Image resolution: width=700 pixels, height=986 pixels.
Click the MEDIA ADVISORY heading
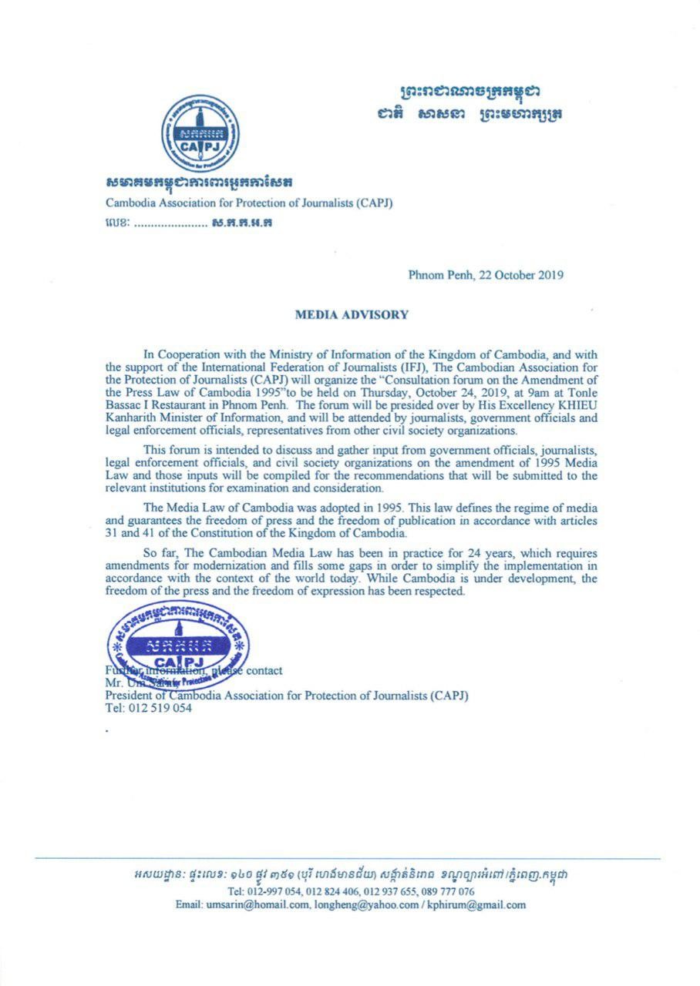point(352,314)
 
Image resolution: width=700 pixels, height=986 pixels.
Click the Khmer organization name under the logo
point(200,183)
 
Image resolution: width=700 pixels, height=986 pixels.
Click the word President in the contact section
point(130,696)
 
